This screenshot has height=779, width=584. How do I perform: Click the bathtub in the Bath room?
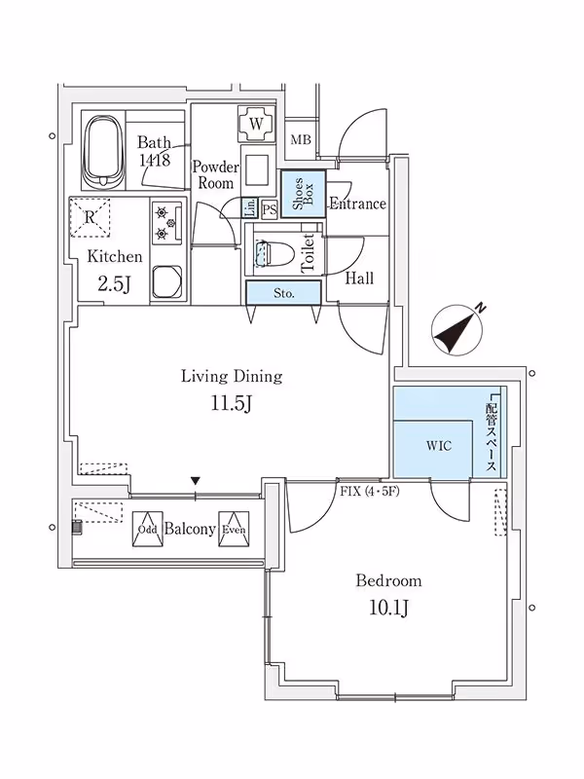point(104,152)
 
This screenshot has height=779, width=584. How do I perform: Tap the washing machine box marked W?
point(255,124)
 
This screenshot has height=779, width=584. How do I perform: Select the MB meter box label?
point(301,141)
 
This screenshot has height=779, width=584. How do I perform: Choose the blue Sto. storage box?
point(283,291)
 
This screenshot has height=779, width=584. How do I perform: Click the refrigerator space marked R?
point(90,217)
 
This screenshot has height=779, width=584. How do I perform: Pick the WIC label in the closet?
point(439,447)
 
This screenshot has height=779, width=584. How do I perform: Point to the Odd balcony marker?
point(147,530)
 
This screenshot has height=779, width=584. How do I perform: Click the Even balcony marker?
point(234,530)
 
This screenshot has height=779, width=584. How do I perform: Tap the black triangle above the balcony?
point(197,481)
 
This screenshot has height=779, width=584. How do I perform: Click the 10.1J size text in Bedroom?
point(388,610)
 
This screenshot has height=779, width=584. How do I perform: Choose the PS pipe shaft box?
point(270,208)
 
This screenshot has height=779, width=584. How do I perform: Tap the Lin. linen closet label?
point(250,207)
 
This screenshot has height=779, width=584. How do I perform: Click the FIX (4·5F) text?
point(370,490)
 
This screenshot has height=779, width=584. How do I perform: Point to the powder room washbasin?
point(255,169)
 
